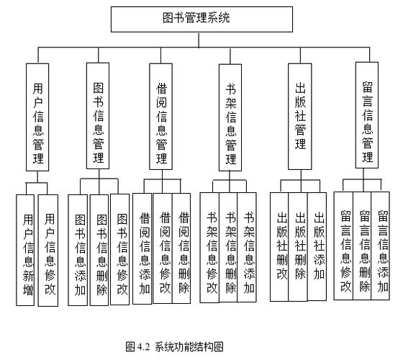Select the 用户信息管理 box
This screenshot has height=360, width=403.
(x=41, y=116)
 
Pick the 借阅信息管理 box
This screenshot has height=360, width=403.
(x=163, y=115)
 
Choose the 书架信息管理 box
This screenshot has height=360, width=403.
(x=230, y=116)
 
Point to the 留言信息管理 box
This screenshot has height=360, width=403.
(x=367, y=115)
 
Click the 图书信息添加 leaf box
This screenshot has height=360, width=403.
(x=79, y=249)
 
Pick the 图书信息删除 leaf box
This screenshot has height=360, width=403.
(x=100, y=249)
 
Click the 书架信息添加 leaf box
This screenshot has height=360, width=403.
(x=248, y=248)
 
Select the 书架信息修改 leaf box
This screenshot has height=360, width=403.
(x=209, y=248)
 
